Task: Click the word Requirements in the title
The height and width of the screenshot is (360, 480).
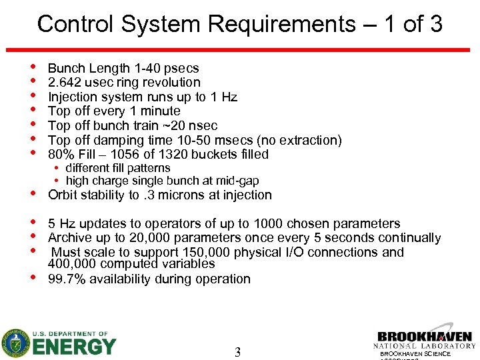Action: [x=281, y=24]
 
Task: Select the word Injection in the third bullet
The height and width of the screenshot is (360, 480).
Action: [x=73, y=97]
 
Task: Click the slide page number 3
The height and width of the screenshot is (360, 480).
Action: [x=237, y=352]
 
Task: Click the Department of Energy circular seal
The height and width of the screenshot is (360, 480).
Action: [x=15, y=344]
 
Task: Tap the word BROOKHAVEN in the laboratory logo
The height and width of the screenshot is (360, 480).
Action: [x=424, y=337]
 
